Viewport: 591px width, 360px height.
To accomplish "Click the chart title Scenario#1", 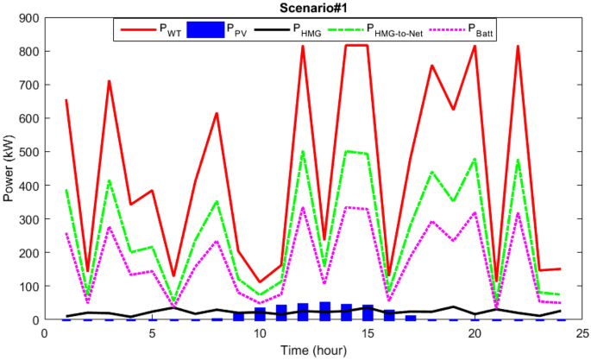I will click(312, 8).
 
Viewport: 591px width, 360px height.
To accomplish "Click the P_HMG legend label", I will click(306, 29).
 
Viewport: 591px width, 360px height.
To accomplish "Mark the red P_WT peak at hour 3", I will click(110, 81).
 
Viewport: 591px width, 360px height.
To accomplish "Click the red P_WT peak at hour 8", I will click(217, 114).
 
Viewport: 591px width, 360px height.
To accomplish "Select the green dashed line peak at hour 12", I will click(303, 152).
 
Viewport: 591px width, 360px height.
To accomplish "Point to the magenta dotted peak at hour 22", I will click(518, 212).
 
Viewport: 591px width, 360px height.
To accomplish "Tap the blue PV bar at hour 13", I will click(324, 312).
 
